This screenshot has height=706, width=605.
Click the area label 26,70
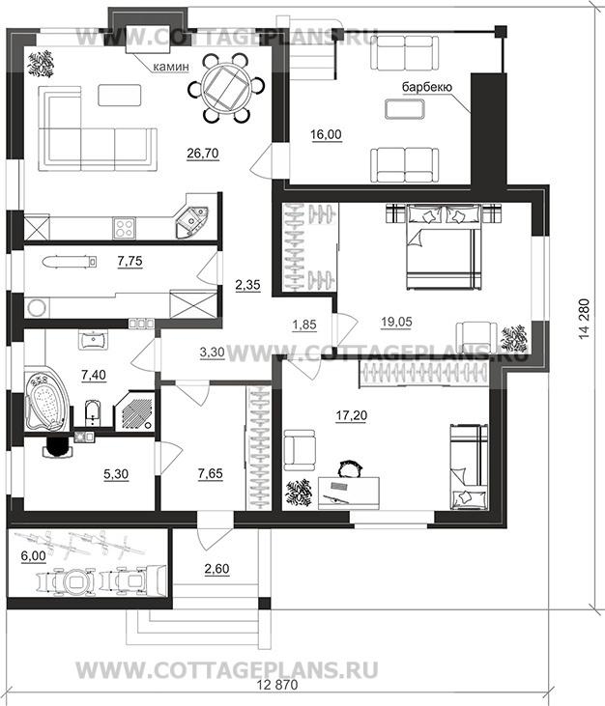[203, 154]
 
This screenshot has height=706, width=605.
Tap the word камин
[171, 67]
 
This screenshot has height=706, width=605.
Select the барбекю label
[427, 87]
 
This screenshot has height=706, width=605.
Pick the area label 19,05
[396, 322]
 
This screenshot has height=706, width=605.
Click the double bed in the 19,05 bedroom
[444, 245]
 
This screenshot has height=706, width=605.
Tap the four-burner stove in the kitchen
[124, 228]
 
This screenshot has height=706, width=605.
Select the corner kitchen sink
[191, 222]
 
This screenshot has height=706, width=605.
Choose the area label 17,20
[352, 415]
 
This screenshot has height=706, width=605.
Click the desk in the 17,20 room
[349, 494]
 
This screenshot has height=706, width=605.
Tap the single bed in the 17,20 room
[469, 467]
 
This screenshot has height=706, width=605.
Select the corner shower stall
[133, 411]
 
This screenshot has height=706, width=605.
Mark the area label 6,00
[33, 556]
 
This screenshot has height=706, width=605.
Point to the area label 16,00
[326, 134]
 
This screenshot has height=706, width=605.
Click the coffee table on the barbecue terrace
[404, 109]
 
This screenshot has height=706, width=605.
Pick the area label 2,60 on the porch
[217, 569]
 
